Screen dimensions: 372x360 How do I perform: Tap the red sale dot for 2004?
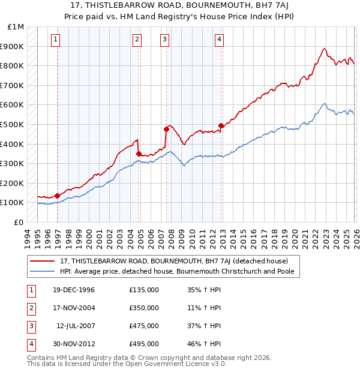(139, 154)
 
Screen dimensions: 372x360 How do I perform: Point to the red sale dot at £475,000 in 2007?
(166, 129)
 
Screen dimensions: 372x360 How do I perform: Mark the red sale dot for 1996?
(58, 196)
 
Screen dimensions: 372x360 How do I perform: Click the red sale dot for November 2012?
(221, 125)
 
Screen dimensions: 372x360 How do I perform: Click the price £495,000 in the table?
(144, 344)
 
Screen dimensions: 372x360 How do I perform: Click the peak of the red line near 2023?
(324, 49)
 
